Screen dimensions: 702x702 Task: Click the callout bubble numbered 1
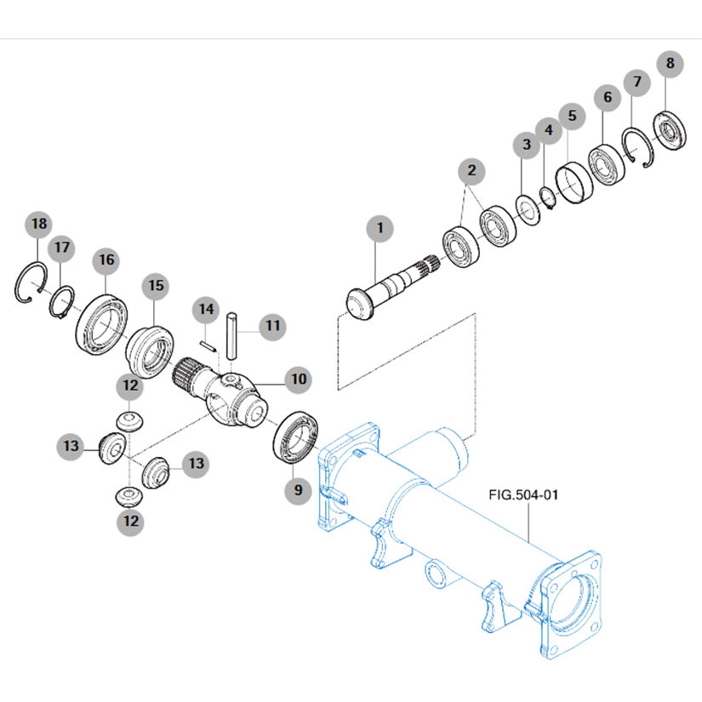tap(380, 229)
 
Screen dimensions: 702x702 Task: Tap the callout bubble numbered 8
tap(671, 63)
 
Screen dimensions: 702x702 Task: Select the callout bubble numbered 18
tap(37, 225)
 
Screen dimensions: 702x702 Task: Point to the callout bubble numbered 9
tap(297, 489)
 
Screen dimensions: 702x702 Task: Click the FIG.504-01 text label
tap(522, 494)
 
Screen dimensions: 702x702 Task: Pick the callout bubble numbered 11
tap(271, 326)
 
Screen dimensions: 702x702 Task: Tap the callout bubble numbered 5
tap(571, 115)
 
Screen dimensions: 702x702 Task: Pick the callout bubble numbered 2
tap(471, 171)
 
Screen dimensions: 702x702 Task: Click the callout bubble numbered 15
tap(155, 287)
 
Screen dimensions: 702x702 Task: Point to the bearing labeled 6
tap(607, 164)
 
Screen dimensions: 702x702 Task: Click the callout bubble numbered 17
tap(61, 248)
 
